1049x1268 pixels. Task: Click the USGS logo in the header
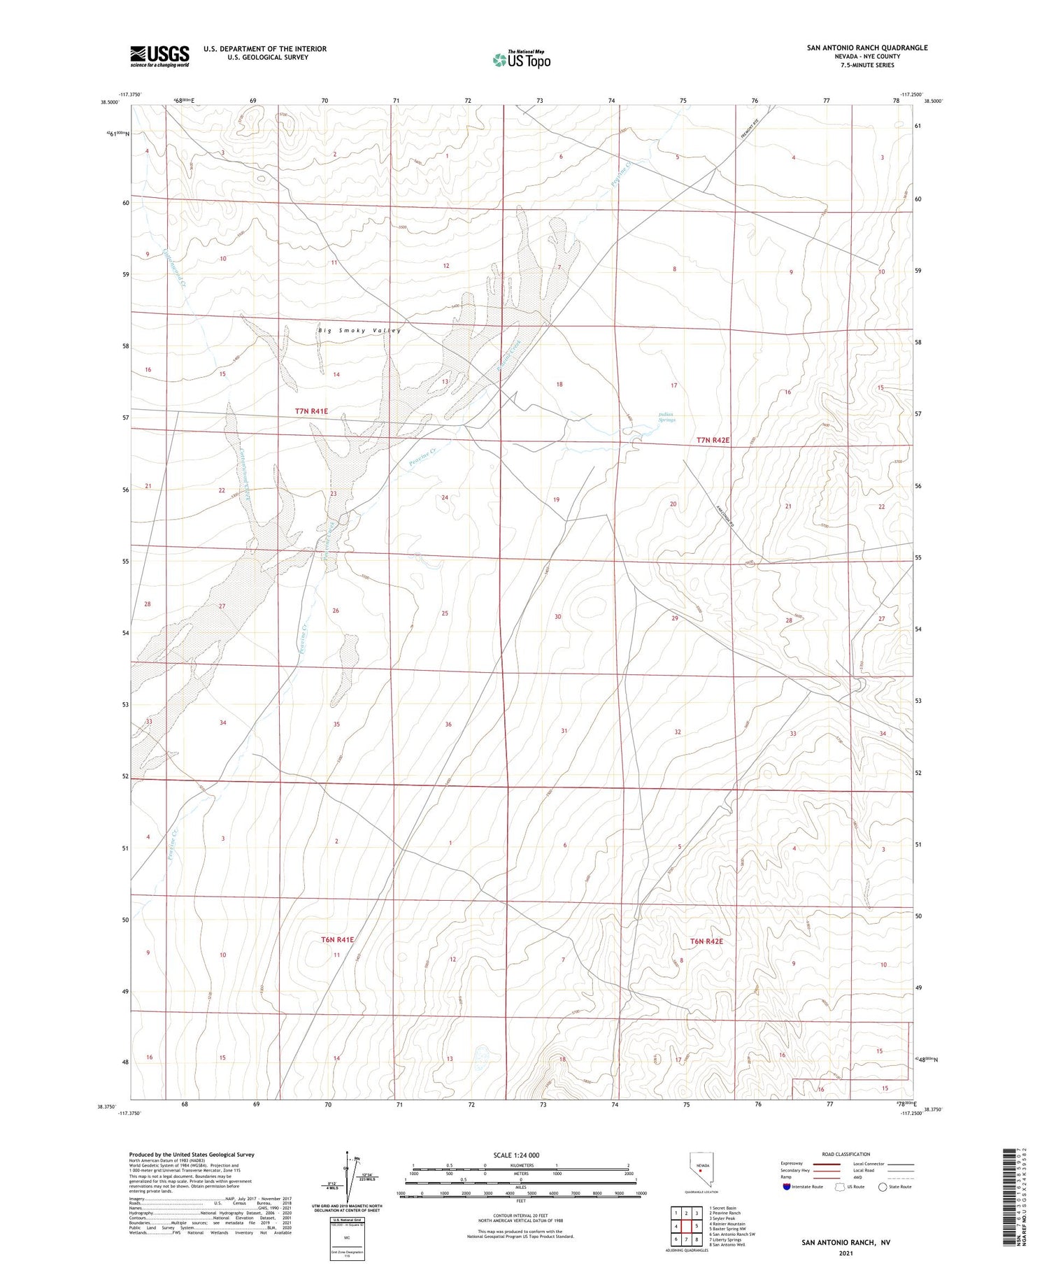click(x=159, y=56)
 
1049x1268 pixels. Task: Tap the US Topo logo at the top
click(x=522, y=59)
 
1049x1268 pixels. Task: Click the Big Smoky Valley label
click(x=359, y=330)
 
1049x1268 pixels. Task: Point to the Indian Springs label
click(x=666, y=418)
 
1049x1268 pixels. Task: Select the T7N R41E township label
click(x=311, y=411)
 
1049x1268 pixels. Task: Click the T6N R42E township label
click(x=706, y=941)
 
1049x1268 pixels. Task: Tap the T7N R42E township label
click(x=713, y=440)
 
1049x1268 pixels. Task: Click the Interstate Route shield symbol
click(x=786, y=1186)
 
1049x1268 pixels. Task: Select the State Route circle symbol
click(x=883, y=1186)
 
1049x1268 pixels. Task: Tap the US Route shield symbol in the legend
click(x=840, y=1186)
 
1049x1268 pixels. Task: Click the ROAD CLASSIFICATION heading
click(x=846, y=1154)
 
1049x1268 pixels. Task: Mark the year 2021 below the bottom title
click(x=845, y=1253)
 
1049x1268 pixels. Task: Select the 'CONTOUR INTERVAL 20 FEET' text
click(x=520, y=1216)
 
